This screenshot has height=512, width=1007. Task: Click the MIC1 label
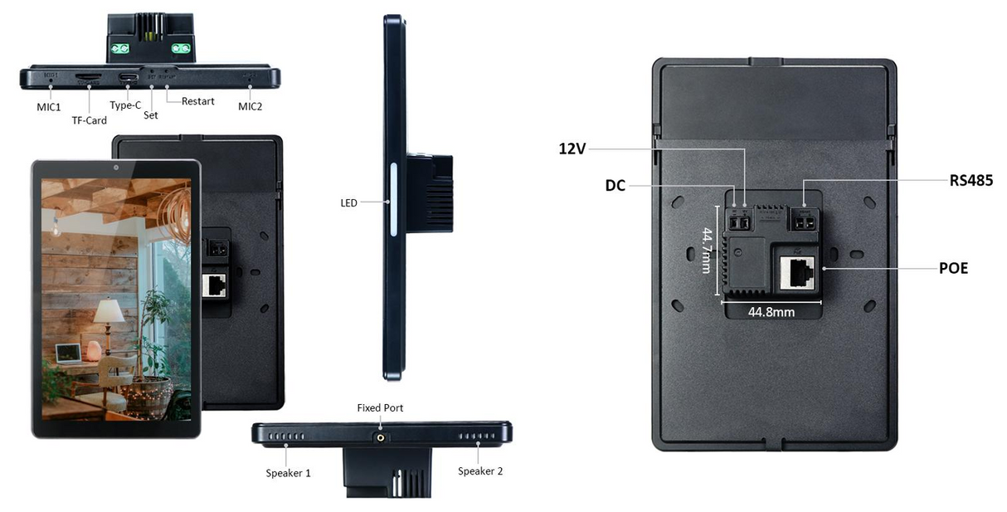[47, 106]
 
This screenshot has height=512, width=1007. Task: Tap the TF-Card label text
[89, 120]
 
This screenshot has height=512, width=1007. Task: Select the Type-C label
[125, 105]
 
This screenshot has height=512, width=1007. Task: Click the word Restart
[197, 101]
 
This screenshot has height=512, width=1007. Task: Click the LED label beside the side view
[348, 202]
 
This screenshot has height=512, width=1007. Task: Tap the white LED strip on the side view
[393, 201]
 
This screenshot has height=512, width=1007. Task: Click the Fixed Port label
[380, 407]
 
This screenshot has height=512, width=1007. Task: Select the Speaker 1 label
[288, 473]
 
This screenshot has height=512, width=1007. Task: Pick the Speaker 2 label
[480, 471]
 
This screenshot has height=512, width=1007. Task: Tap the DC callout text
[615, 187]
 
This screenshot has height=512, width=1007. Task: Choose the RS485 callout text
[971, 180]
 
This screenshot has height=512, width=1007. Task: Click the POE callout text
[952, 268]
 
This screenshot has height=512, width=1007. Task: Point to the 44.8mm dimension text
[771, 312]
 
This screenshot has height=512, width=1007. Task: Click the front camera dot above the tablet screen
[115, 168]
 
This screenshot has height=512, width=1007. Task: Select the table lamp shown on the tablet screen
[108, 316]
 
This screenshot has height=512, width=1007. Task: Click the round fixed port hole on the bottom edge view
[381, 436]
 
